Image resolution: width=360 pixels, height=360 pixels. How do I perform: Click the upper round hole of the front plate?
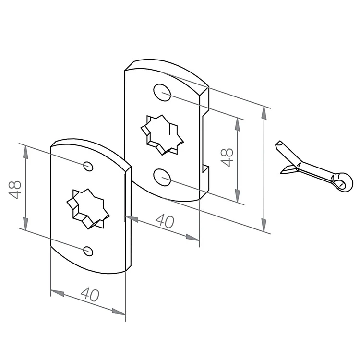tap(88, 166)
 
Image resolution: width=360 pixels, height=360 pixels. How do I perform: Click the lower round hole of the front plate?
tap(88, 251)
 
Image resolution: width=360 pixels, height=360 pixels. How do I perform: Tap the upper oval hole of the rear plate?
tap(162, 92)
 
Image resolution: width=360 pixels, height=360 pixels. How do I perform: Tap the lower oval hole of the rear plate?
tap(162, 177)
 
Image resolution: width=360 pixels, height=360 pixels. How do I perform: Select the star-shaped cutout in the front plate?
tap(88, 209)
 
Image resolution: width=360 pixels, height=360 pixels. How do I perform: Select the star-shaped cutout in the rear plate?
tap(162, 135)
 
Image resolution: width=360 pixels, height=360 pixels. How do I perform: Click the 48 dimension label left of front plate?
tap(15, 190)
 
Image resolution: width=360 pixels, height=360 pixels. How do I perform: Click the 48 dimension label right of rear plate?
tap(227, 157)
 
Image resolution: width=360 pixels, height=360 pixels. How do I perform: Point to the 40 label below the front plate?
tap(90, 294)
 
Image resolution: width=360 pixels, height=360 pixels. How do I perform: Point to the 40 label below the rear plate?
tap(165, 221)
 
